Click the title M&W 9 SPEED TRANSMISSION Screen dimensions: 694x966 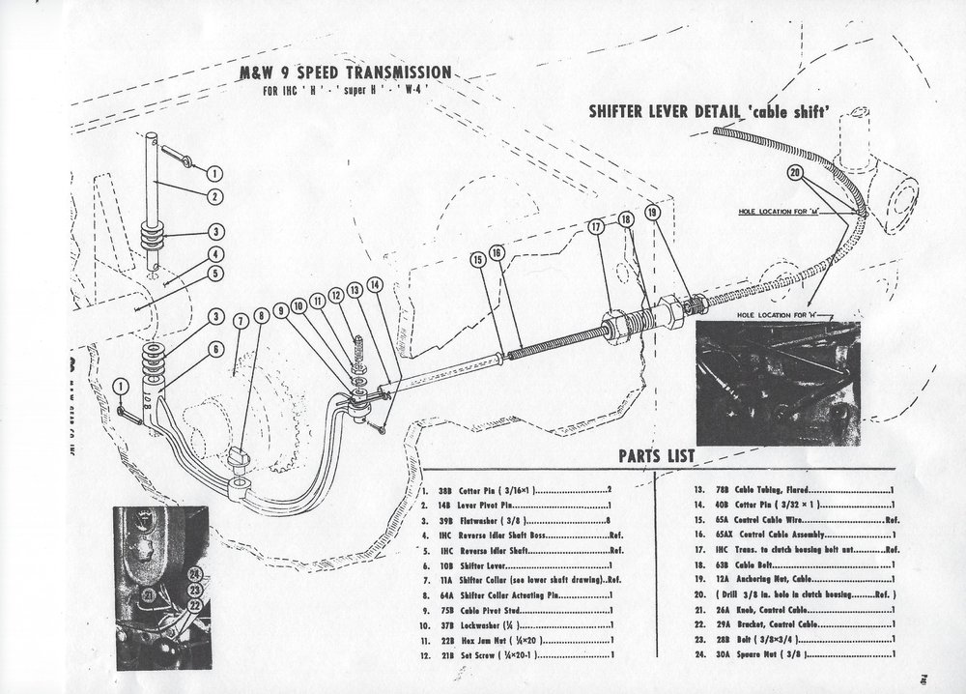[344, 72]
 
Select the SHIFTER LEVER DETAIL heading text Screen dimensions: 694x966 [709, 111]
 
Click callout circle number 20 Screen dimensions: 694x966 [794, 173]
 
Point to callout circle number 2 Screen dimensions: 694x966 [213, 196]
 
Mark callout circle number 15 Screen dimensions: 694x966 [477, 258]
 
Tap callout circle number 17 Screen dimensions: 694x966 [595, 229]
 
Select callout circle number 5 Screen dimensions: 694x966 [213, 272]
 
